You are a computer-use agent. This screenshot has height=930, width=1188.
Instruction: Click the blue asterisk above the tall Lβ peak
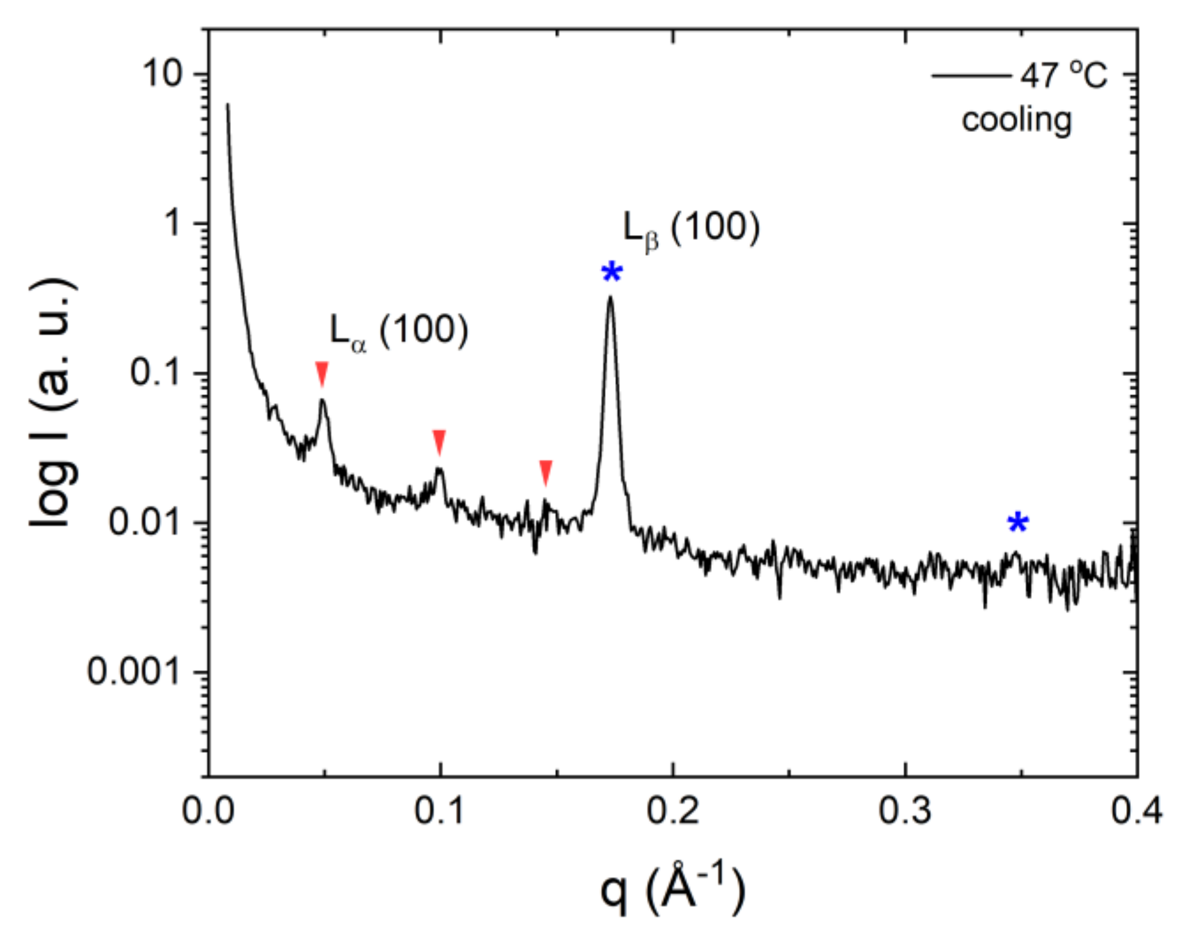tap(612, 272)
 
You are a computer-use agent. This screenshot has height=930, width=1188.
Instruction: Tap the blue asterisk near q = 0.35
tap(1018, 522)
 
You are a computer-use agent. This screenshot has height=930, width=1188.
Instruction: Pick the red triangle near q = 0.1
tap(439, 442)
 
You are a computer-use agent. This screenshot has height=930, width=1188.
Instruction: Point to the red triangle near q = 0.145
tap(546, 473)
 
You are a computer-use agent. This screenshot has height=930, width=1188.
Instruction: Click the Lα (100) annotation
tap(398, 331)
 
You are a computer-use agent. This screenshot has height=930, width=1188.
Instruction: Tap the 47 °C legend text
tap(1064, 75)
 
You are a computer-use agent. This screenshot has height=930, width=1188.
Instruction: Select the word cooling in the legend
tap(1016, 121)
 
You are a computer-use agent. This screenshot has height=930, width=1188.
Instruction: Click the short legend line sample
tap(971, 75)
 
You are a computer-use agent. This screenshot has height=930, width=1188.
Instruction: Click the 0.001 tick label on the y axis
tap(133, 671)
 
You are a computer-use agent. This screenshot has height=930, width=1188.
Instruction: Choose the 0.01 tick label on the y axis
tap(144, 522)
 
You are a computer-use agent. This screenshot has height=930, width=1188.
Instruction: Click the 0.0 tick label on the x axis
tap(208, 811)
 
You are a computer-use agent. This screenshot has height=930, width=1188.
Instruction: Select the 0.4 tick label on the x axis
tap(1136, 811)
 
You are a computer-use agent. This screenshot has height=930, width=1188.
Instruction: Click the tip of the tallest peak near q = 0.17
tap(610, 297)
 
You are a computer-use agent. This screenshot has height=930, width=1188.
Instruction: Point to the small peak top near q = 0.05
tap(322, 401)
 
